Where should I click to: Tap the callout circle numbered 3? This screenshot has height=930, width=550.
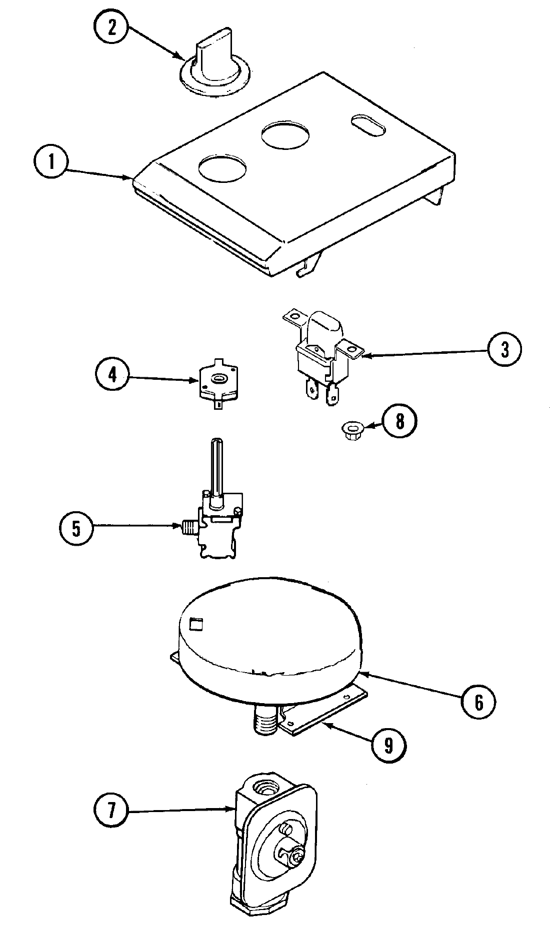coord(505,350)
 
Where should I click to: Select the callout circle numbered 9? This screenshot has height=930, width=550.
coord(388,746)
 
